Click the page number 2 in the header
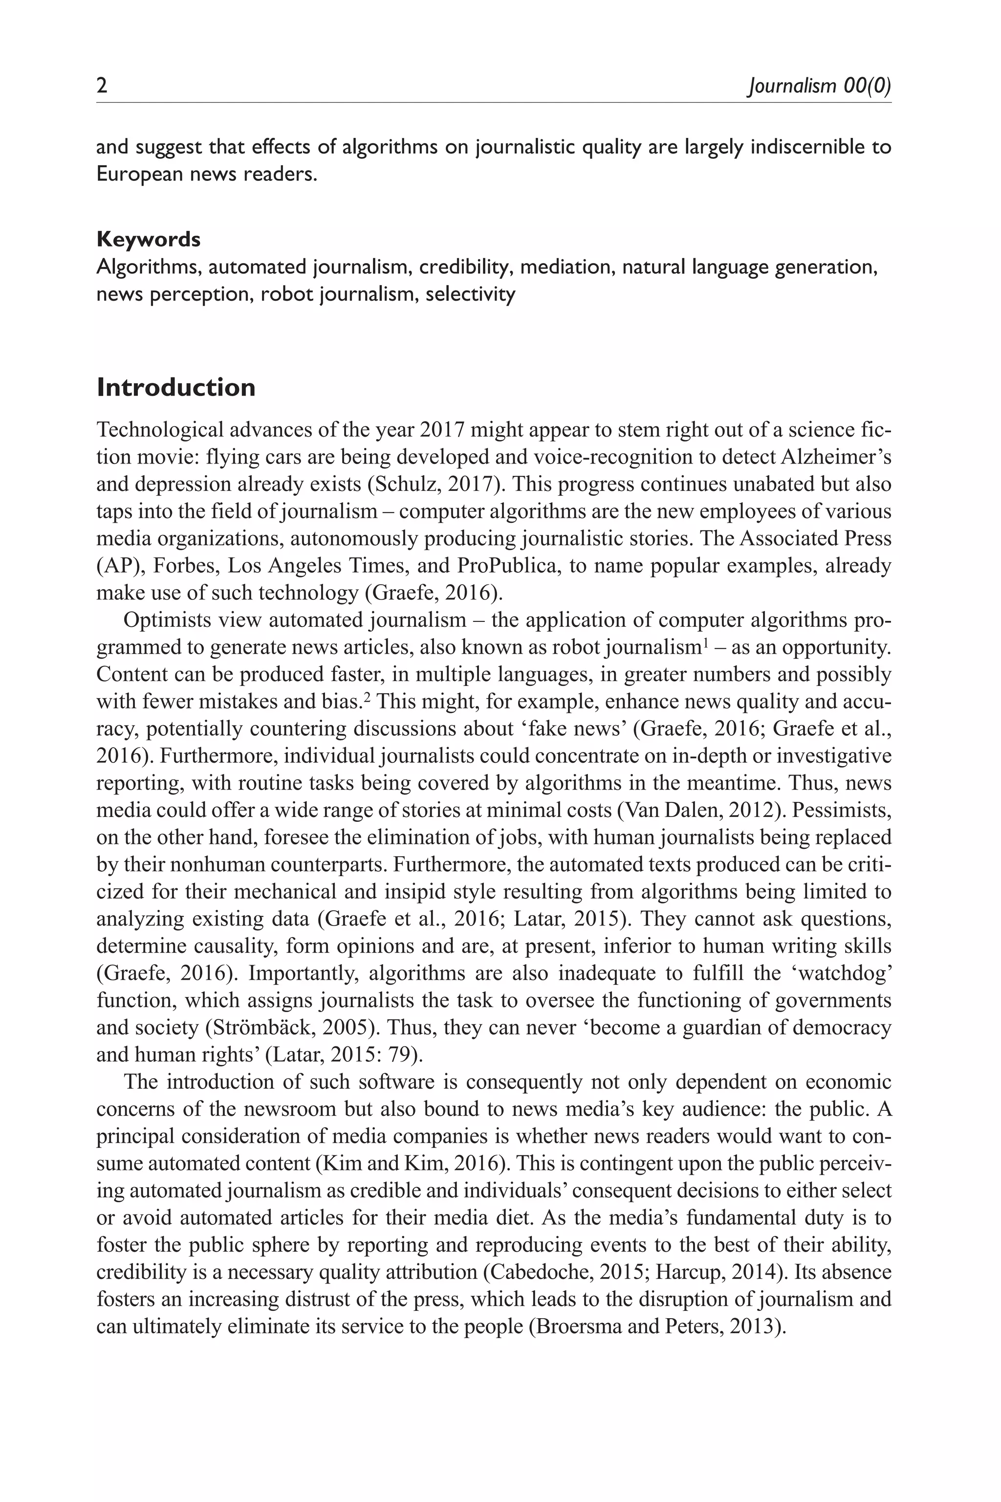point(102,86)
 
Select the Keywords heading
point(148,240)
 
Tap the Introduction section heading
point(175,388)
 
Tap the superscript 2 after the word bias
point(367,697)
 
